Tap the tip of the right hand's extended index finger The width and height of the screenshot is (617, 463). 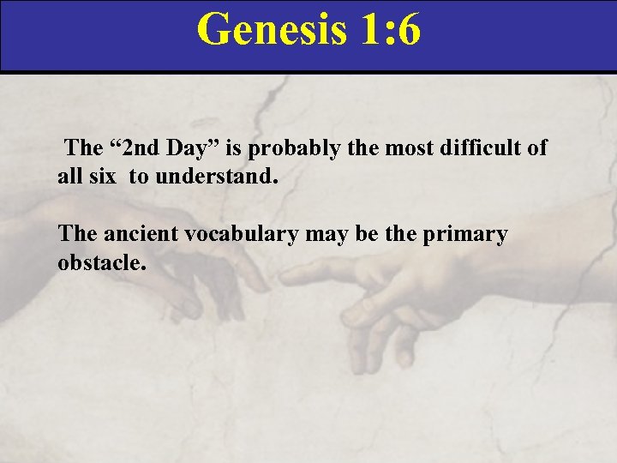pos(284,276)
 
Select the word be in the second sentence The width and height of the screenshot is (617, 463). pos(366,234)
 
